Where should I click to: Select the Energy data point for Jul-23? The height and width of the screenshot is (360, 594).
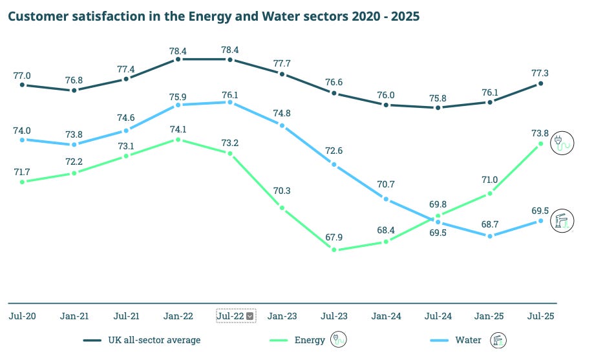pyautogui.click(x=334, y=249)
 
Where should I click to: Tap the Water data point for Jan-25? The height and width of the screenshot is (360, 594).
pyautogui.click(x=490, y=236)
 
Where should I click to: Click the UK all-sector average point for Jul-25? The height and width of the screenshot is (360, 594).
pyautogui.click(x=542, y=83)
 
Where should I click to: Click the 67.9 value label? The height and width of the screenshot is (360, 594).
pyautogui.click(x=334, y=237)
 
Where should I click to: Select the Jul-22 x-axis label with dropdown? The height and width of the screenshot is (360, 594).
pyautogui.click(x=236, y=316)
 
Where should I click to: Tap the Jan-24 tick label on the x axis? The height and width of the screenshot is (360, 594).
pyautogui.click(x=386, y=316)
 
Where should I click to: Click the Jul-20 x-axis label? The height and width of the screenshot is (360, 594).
pyautogui.click(x=22, y=316)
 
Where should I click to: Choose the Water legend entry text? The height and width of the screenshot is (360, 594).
pyautogui.click(x=468, y=340)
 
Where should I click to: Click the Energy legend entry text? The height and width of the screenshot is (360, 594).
pyautogui.click(x=310, y=340)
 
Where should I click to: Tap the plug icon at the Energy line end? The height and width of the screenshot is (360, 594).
pyautogui.click(x=560, y=143)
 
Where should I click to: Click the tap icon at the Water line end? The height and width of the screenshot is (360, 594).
pyautogui.click(x=560, y=221)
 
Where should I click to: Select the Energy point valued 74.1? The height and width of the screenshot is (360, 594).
pyautogui.click(x=178, y=139)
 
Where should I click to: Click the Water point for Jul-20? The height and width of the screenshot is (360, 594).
pyautogui.click(x=22, y=140)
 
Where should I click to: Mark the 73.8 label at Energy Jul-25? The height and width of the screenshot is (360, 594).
pyautogui.click(x=541, y=132)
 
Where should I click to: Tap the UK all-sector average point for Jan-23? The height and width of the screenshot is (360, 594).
pyautogui.click(x=282, y=74)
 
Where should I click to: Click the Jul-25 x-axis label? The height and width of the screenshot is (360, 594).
pyautogui.click(x=542, y=316)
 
